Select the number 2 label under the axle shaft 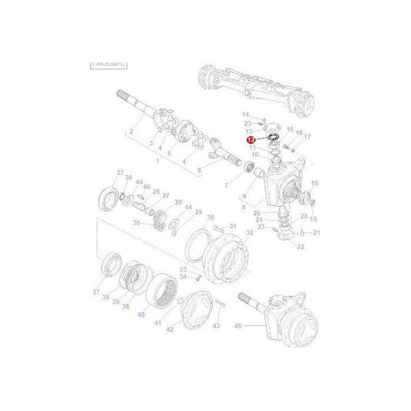[x=132, y=132]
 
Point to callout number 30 [x=210, y=218]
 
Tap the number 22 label [x=300, y=246]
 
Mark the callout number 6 [x=198, y=170]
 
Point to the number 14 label [x=246, y=115]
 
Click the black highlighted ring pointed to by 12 [x=271, y=138]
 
